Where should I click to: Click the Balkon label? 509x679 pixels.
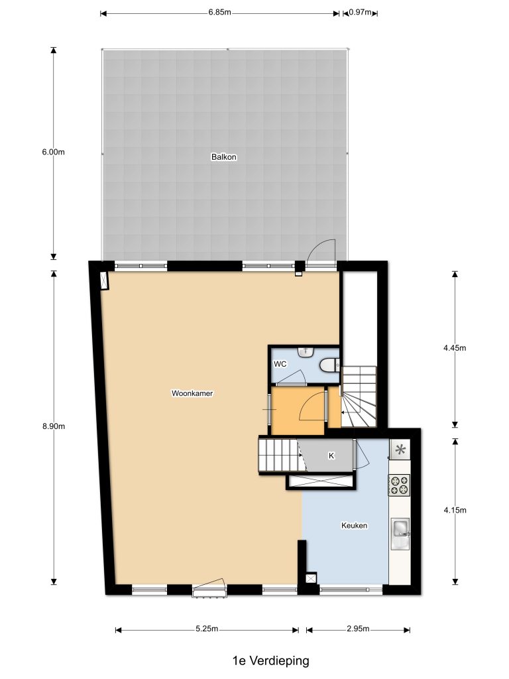click(224, 156)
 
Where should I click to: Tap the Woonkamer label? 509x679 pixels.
click(192, 393)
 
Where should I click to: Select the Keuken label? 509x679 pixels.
click(354, 525)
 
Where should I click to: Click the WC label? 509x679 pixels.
click(280, 364)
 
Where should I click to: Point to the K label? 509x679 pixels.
click(331, 456)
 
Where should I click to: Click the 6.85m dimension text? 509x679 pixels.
click(220, 12)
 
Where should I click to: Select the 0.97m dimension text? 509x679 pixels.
click(360, 12)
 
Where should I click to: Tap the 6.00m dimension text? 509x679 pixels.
click(53, 152)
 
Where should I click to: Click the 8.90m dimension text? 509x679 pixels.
click(54, 426)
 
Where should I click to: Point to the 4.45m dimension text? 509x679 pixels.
click(455, 347)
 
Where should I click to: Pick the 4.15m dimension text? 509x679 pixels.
click(455, 510)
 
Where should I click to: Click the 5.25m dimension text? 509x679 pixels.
click(207, 629)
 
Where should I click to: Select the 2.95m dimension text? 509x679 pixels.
click(358, 629)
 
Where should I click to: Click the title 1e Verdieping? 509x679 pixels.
click(271, 661)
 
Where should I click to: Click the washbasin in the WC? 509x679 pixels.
click(306, 352)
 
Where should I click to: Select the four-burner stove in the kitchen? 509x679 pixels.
click(399, 485)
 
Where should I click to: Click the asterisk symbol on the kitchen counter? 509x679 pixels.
click(400, 450)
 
